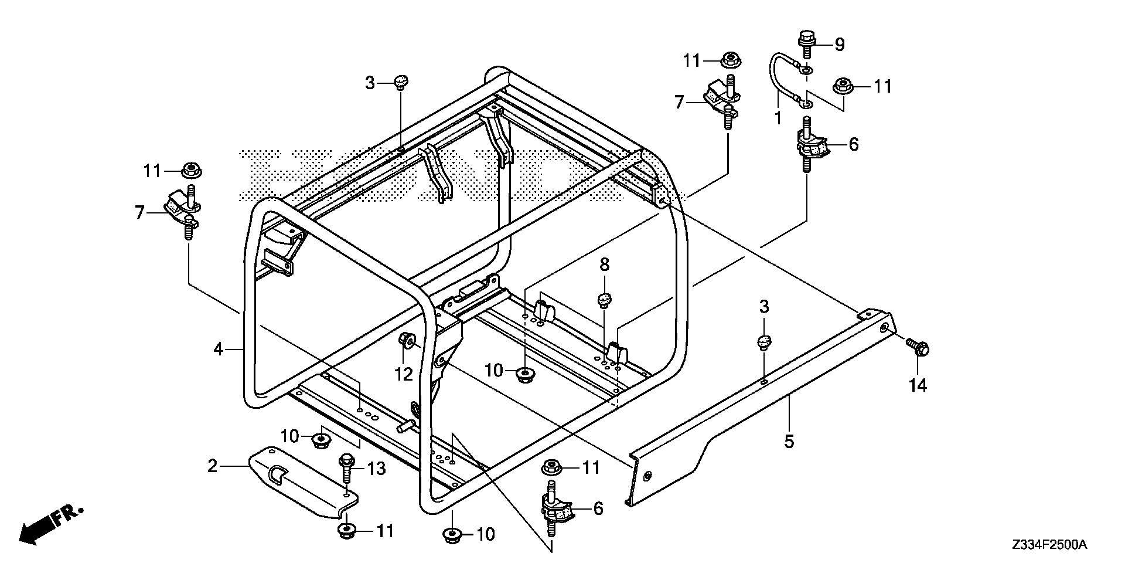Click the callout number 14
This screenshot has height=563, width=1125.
918,385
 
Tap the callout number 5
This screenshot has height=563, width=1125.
789,441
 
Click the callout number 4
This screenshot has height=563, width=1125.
218,350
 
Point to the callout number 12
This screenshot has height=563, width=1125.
403,374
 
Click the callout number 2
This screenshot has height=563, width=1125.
212,466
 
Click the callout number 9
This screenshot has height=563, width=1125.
839,44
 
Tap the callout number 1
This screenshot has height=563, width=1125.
778,118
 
